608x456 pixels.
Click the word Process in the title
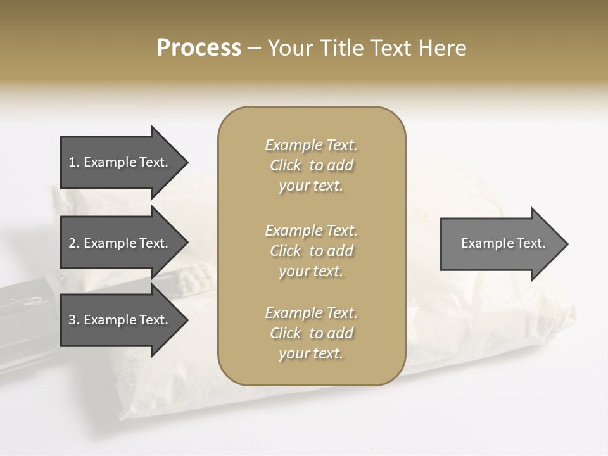tap(199, 48)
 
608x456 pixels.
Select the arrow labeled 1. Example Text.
tap(120, 162)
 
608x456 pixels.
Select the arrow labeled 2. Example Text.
tap(120, 243)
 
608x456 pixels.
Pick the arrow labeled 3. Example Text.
tap(120, 320)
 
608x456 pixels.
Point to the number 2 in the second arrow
tap(73, 243)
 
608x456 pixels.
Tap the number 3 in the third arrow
tap(73, 320)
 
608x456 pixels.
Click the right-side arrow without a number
tap(500, 243)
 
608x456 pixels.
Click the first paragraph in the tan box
tap(311, 165)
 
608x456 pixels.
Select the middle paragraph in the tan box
tap(311, 251)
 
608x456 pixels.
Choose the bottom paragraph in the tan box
tap(311, 333)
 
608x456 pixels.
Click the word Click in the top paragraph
tap(286, 165)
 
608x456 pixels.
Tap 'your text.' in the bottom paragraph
tap(311, 353)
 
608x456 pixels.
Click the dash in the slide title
tap(254, 48)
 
